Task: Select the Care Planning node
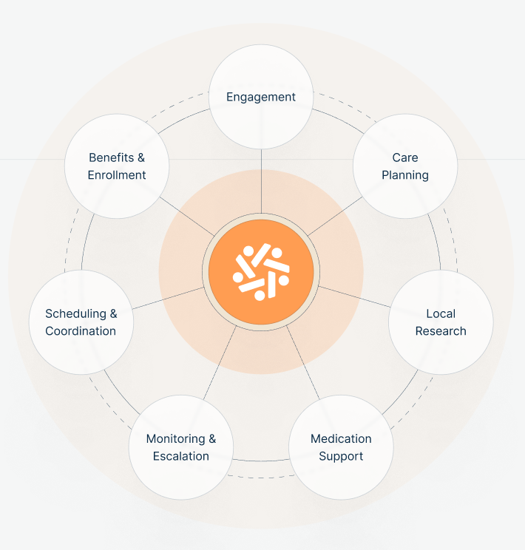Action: click(x=405, y=166)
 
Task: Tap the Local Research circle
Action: click(x=441, y=322)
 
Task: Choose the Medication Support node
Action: click(x=341, y=447)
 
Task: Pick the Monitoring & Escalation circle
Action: click(x=181, y=447)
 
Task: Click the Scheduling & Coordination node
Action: click(x=81, y=322)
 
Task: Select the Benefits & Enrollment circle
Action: click(x=117, y=166)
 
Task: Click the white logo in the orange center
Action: click(x=261, y=271)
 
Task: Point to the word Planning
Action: click(x=405, y=175)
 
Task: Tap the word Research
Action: click(x=441, y=331)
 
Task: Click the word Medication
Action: click(x=341, y=438)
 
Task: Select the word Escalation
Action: click(x=181, y=456)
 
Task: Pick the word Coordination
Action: click(x=81, y=331)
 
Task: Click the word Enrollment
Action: click(x=117, y=175)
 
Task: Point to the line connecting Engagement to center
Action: click(x=261, y=181)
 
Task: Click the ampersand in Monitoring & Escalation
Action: click(x=212, y=438)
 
